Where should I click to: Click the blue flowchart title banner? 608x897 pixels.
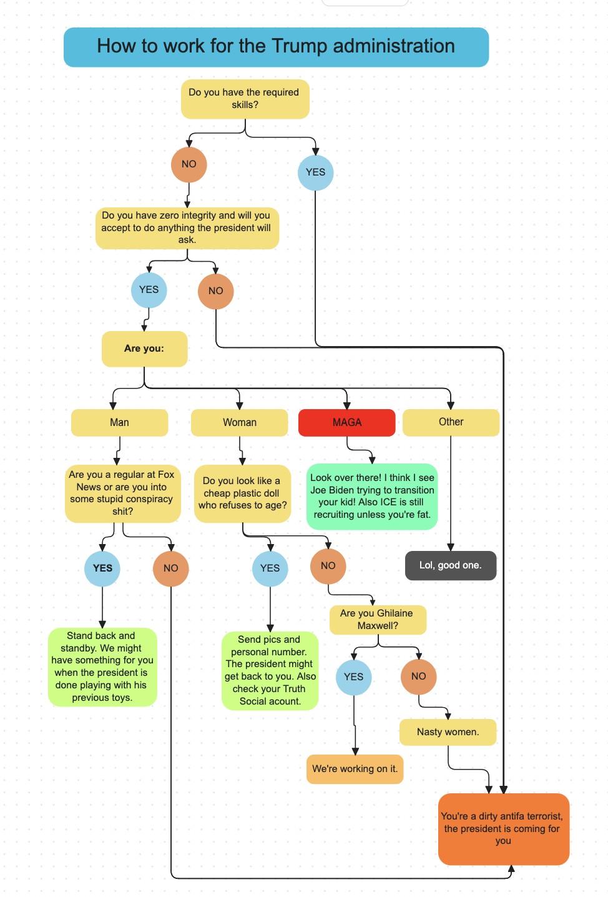276,47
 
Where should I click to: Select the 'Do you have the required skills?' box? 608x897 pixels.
245,99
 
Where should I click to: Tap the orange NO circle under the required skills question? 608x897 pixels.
189,164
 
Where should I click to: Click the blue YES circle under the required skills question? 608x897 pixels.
315,172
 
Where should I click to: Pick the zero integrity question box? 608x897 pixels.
187,228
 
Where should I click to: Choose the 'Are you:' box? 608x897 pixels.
144,349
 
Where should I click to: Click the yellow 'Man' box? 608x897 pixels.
119,422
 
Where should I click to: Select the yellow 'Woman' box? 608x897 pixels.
239,422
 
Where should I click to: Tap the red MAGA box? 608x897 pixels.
346,422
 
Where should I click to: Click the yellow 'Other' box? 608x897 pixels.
451,422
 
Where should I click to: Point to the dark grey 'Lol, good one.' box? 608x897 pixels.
450,565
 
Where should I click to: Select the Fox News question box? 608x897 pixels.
122,493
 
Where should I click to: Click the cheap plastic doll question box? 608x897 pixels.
242,493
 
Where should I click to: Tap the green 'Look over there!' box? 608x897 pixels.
372,497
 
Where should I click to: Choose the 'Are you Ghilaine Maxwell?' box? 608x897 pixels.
378,620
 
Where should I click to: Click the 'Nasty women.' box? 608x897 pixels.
448,732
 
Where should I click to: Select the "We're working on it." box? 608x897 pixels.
355,769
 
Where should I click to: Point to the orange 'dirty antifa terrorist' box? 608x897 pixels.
503,829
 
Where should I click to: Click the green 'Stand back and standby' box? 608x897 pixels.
102,667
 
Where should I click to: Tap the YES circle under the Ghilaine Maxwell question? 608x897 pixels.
353,677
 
